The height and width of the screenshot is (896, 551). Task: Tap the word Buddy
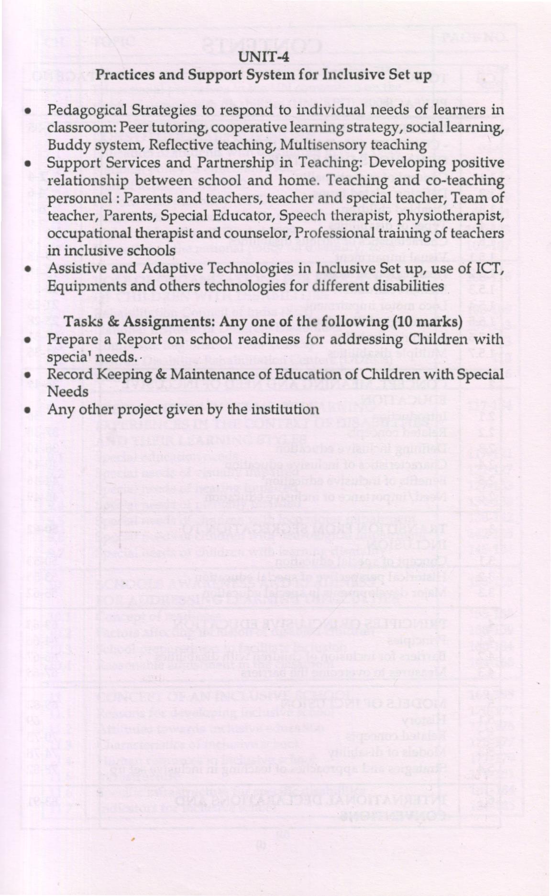pos(64,145)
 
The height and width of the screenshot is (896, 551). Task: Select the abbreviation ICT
pos(492,269)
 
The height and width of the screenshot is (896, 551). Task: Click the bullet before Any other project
pos(30,410)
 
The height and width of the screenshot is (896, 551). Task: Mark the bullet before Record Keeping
pos(30,375)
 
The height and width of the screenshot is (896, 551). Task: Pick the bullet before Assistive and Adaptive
pos(30,270)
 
